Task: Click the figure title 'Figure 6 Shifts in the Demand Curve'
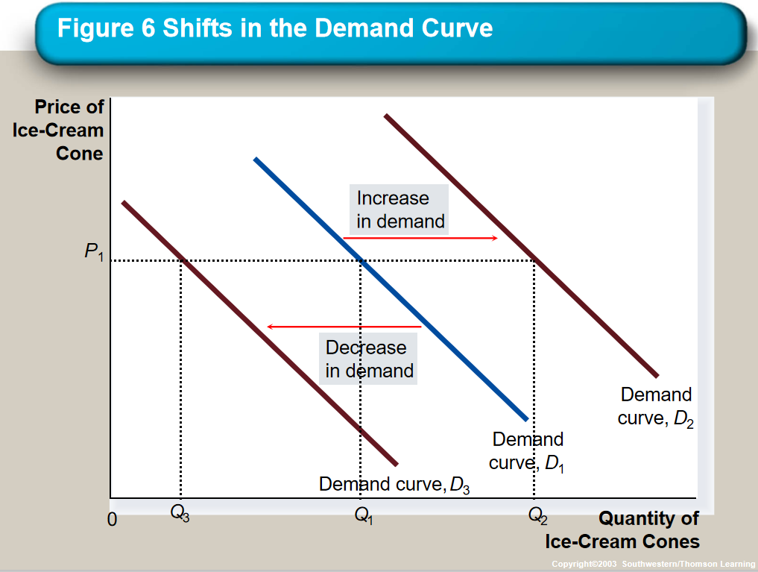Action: click(275, 28)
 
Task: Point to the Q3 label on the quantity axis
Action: click(180, 513)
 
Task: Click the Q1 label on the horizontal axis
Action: click(364, 514)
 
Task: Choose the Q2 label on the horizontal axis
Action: click(537, 514)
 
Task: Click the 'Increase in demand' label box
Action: click(399, 210)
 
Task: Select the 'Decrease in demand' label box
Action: click(368, 359)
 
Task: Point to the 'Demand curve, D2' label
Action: click(656, 406)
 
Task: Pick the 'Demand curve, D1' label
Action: click(527, 451)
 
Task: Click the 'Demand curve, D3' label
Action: click(394, 485)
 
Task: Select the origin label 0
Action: click(113, 519)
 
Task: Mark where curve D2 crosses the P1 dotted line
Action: click(534, 260)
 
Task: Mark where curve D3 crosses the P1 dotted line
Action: click(181, 260)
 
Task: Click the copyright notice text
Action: click(652, 563)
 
